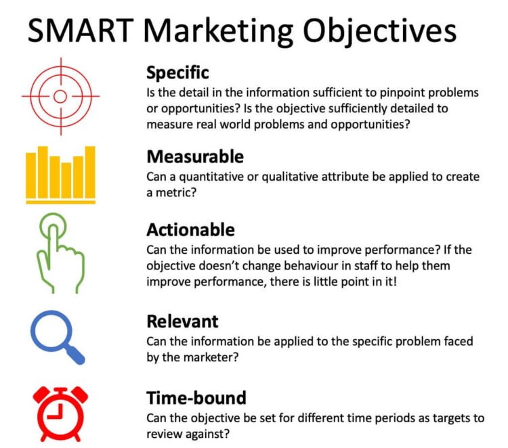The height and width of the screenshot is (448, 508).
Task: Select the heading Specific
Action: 177,72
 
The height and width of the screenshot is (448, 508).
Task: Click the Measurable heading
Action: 194,156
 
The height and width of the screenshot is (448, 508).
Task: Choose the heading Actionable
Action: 190,229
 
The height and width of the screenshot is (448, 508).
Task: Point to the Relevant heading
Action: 182,321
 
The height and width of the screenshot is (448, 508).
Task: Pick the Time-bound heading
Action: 196,397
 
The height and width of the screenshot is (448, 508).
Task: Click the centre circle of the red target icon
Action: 60,96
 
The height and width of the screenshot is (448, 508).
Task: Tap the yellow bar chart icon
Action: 60,175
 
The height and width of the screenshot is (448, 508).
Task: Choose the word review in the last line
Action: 165,434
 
